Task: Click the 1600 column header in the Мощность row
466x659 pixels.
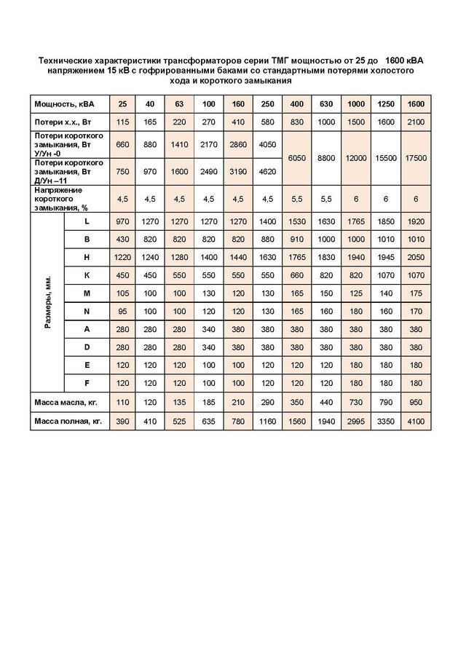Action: pyautogui.click(x=415, y=103)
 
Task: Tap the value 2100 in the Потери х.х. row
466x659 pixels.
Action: pyautogui.click(x=415, y=122)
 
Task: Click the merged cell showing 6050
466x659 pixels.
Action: pyautogui.click(x=296, y=157)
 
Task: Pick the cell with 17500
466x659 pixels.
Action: pyautogui.click(x=415, y=157)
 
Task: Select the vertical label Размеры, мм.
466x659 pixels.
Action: pyautogui.click(x=48, y=302)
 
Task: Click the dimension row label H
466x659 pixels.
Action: pyautogui.click(x=87, y=257)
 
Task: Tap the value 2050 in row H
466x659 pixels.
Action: pyautogui.click(x=415, y=257)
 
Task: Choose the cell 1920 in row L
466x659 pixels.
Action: pyautogui.click(x=415, y=221)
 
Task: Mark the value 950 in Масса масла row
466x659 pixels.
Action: pyautogui.click(x=415, y=401)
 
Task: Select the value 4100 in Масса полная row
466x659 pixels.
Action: pyautogui.click(x=415, y=420)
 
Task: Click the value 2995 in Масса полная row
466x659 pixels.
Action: pyautogui.click(x=356, y=420)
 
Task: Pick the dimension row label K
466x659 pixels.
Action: pyautogui.click(x=87, y=275)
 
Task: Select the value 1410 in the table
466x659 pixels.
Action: pyautogui.click(x=179, y=144)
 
